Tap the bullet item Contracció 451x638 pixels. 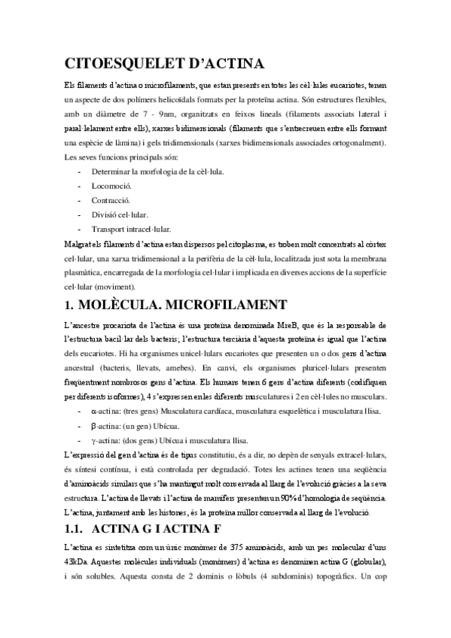tap(111, 199)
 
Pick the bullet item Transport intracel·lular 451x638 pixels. tap(131, 229)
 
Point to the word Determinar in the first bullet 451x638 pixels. tap(112, 171)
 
